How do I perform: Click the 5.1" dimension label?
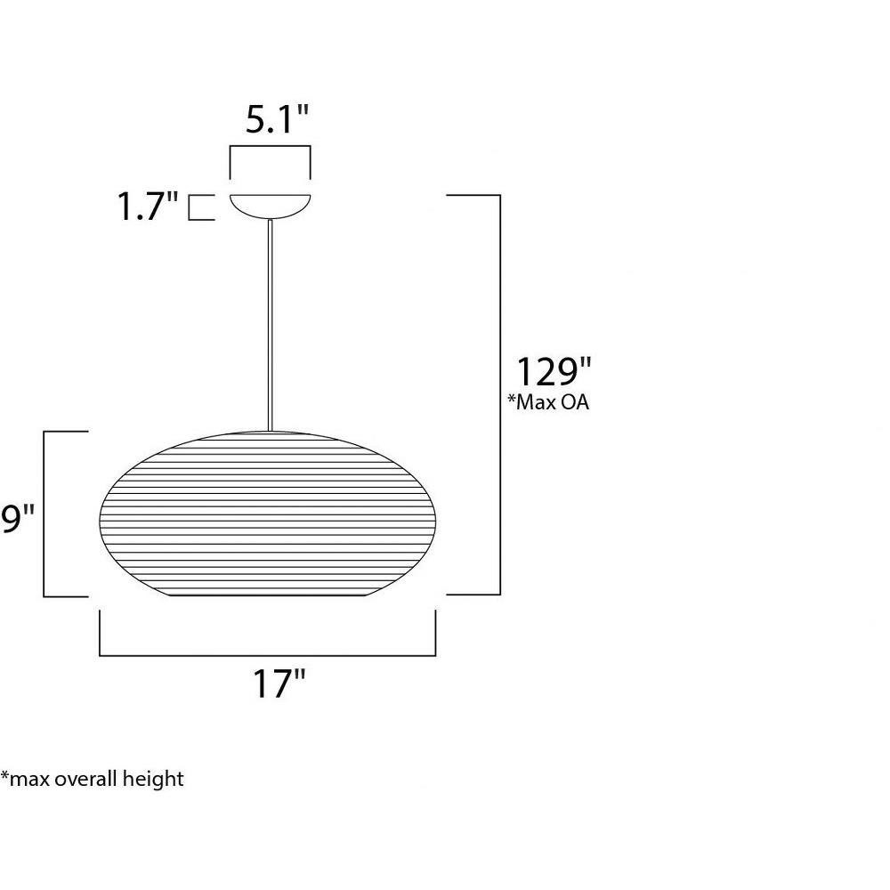click(x=277, y=119)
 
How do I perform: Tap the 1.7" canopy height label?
click(x=148, y=206)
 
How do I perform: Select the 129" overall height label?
click(x=553, y=371)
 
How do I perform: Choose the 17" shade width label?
click(x=279, y=684)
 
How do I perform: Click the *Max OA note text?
click(x=548, y=402)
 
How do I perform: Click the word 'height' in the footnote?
click(x=153, y=779)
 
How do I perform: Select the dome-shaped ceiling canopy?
click(x=271, y=206)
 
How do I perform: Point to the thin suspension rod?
click(x=271, y=325)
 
